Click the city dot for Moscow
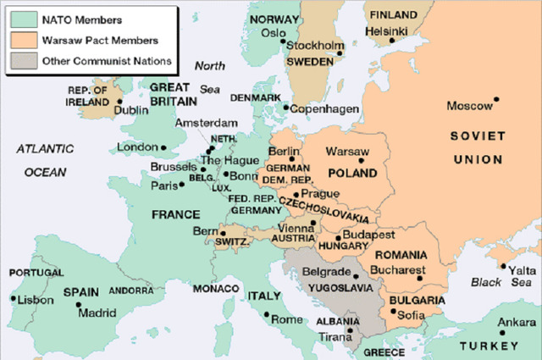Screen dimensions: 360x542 tap(497, 99)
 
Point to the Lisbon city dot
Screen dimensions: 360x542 tap(13, 298)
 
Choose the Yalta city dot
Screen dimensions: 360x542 tap(503, 269)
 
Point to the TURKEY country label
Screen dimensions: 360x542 tap(489, 346)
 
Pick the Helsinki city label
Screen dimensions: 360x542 tap(388, 30)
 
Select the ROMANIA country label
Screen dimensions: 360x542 tap(401, 254)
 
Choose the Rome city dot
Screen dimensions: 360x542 tap(268, 316)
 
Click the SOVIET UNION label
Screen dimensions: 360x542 tap(478, 147)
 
